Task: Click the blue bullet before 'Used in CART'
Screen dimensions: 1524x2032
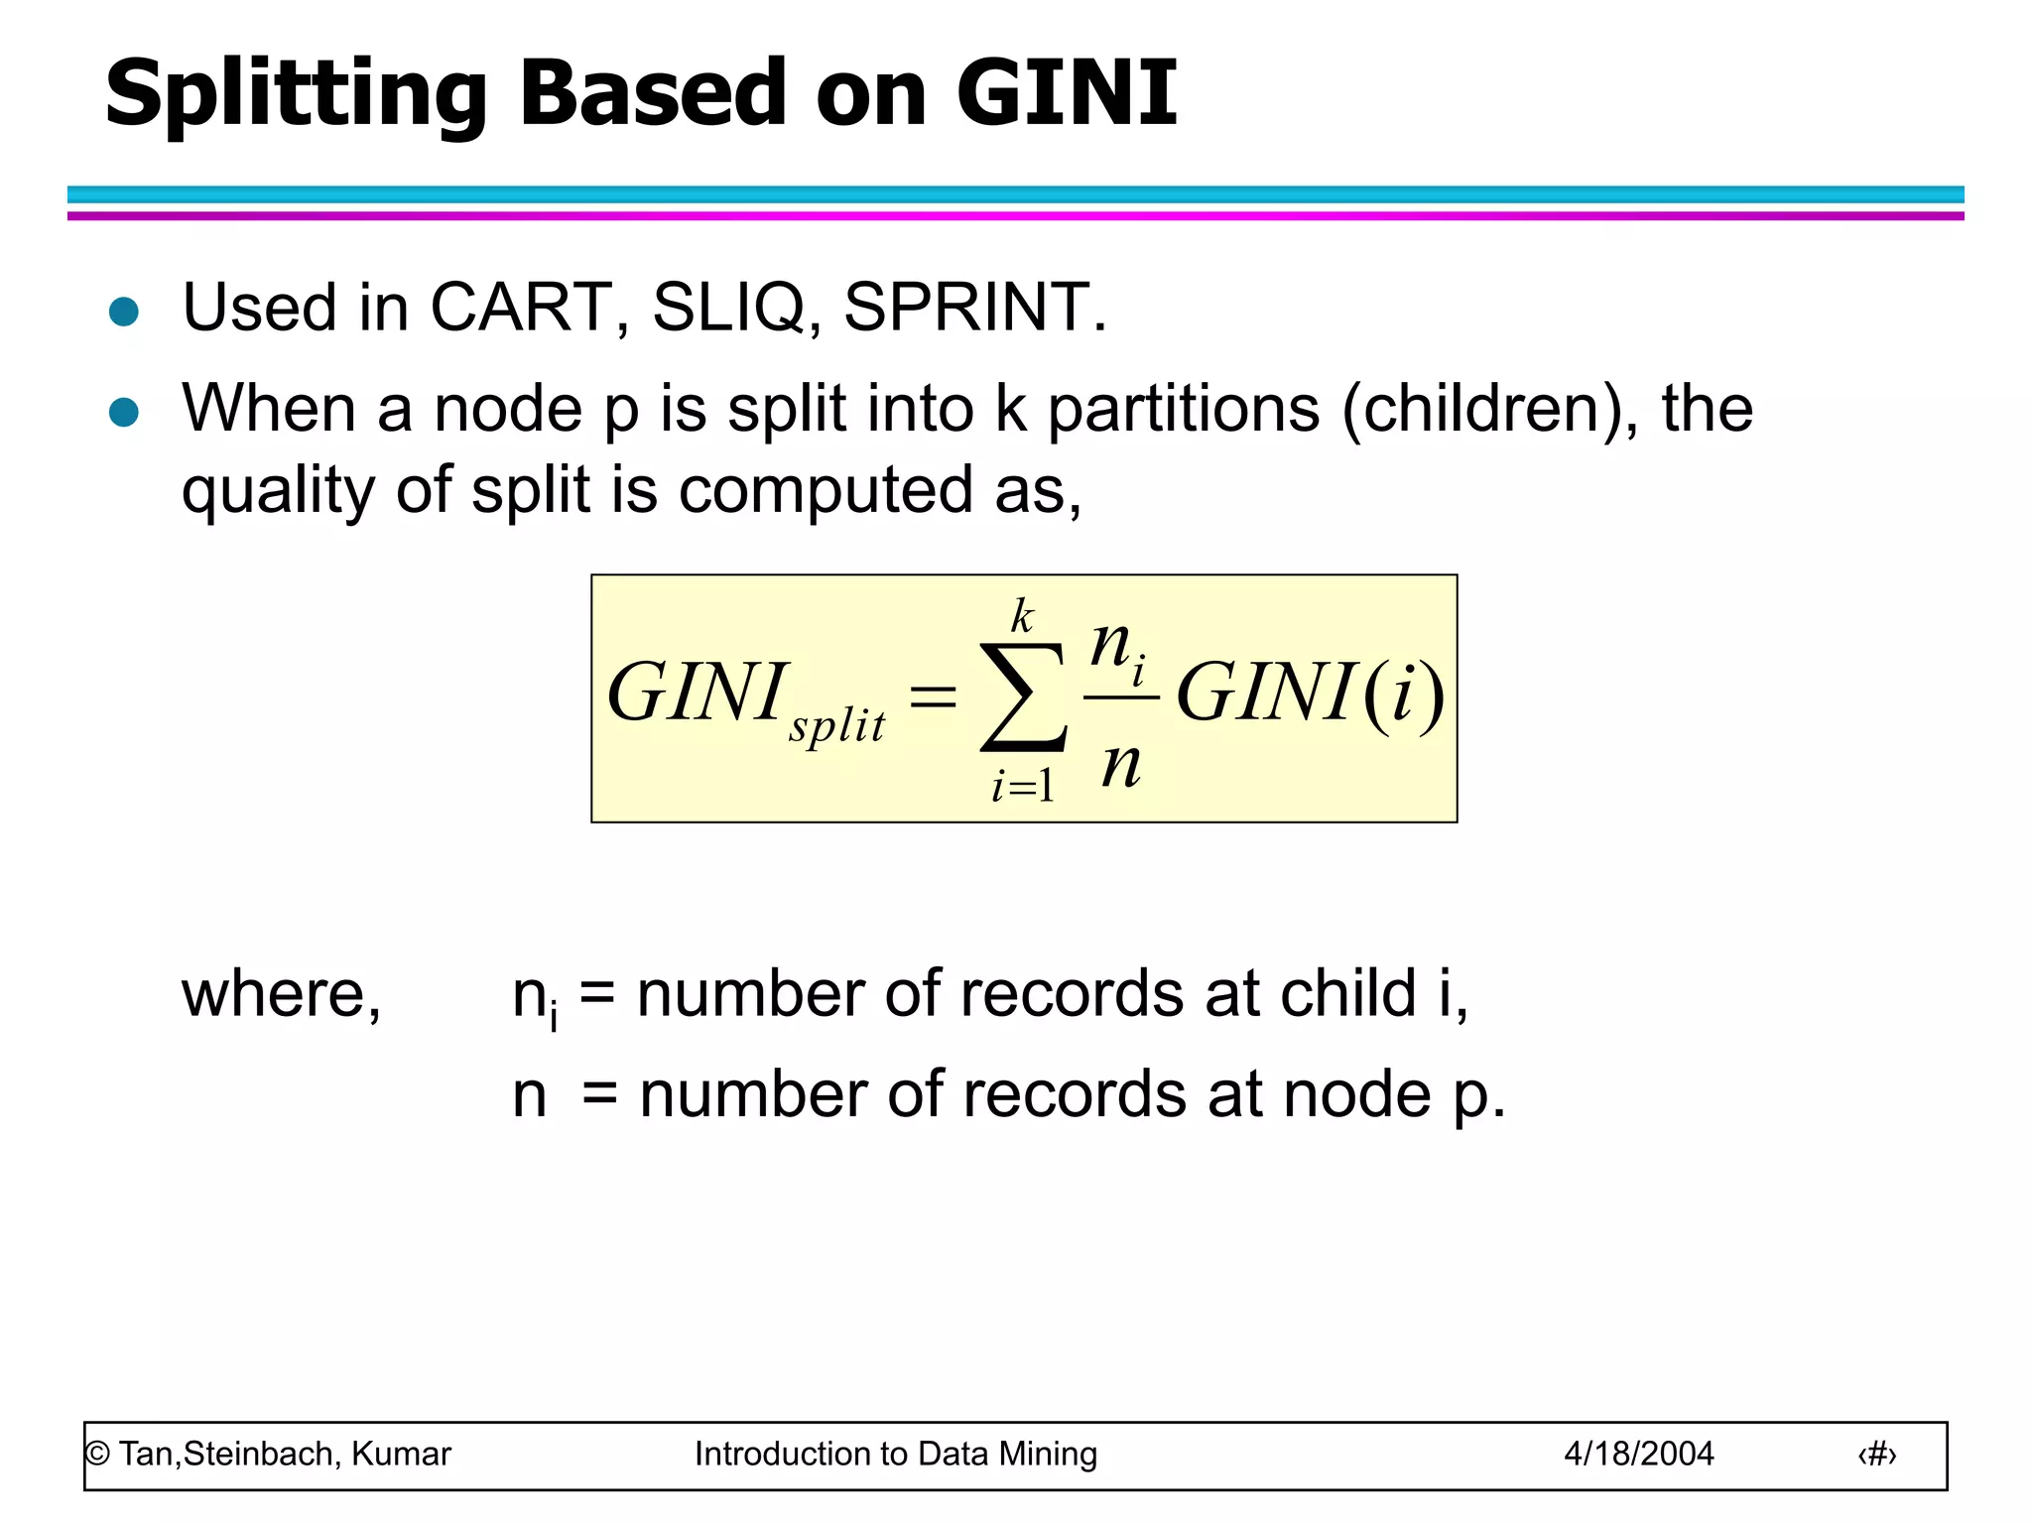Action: pyautogui.click(x=124, y=312)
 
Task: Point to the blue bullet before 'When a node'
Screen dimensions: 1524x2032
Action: pyautogui.click(x=124, y=412)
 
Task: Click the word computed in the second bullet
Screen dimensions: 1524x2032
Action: pyautogui.click(x=825, y=491)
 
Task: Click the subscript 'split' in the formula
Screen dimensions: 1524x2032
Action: pyautogui.click(x=836, y=725)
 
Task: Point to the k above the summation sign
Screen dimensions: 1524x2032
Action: pyautogui.click(x=1022, y=616)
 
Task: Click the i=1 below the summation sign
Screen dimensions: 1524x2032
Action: pyautogui.click(x=1023, y=787)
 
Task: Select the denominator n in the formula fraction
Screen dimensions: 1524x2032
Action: pyautogui.click(x=1121, y=764)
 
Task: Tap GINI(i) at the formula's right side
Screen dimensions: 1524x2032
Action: pyautogui.click(x=1310, y=693)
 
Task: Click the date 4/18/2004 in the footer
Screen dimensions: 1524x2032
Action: pyautogui.click(x=1638, y=1454)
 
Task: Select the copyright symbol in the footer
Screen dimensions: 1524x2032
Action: pyautogui.click(x=97, y=1455)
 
